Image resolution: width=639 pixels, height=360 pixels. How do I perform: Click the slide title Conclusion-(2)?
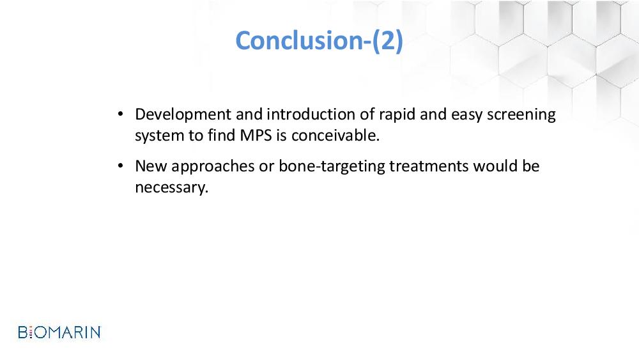[x=319, y=41]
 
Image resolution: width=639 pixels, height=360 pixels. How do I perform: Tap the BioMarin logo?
[x=59, y=333]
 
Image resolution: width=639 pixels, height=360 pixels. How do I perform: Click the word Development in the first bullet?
[x=183, y=115]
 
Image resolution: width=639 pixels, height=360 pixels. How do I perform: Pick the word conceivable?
[x=335, y=135]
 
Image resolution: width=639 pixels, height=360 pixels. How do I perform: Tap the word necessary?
[x=171, y=187]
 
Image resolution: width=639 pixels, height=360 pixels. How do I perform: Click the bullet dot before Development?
[x=120, y=114]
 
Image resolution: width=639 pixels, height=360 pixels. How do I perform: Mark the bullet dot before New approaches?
[x=120, y=166]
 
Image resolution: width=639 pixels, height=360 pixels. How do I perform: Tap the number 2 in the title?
[x=387, y=41]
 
